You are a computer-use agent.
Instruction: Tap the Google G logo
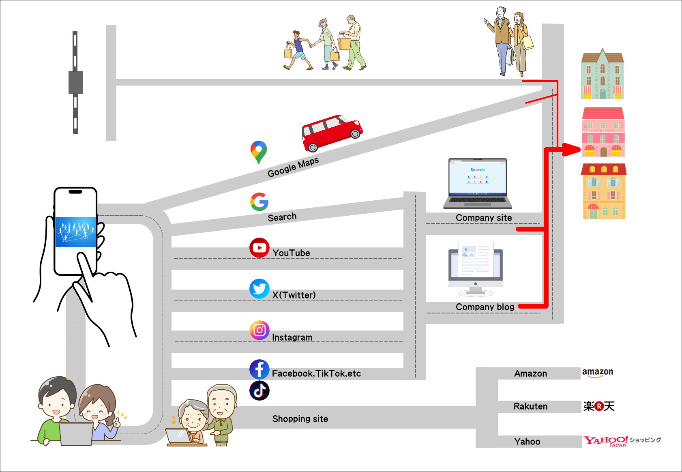pos(260,202)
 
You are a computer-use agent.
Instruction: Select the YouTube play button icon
pos(260,248)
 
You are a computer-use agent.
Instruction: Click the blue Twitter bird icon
pos(260,289)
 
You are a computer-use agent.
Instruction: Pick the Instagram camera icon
pos(260,330)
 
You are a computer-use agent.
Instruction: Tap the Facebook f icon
pos(260,369)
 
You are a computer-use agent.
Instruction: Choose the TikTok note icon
pos(260,390)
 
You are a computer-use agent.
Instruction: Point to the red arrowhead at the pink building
pos(572,150)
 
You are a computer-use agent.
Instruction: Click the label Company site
pos(484,218)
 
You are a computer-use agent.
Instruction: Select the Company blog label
pos(485,307)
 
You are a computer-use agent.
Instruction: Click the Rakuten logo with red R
pos(599,406)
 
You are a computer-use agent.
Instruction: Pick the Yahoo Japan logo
pos(606,441)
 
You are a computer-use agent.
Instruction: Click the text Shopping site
pos(300,419)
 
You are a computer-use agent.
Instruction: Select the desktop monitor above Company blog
pos(475,268)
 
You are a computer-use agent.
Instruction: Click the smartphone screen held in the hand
pos(75,232)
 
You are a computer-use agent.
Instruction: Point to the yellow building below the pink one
pos(604,191)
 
